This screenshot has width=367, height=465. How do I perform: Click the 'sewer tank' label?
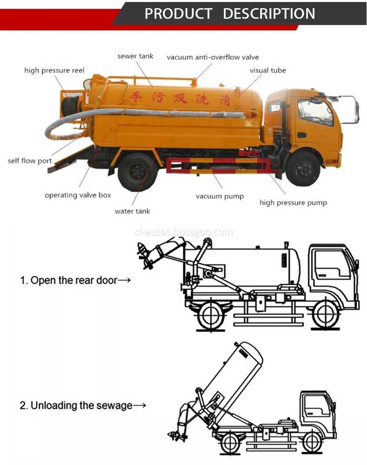coord(135,56)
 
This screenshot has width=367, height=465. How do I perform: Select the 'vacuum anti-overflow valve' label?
coord(212,57)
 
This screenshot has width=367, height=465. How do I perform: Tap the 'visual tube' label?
coord(268,70)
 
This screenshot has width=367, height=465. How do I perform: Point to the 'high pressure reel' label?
coord(54,71)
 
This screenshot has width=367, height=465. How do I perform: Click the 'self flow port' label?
coord(30,161)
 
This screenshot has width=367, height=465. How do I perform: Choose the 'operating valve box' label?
coord(77,195)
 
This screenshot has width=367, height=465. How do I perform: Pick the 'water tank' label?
coord(132,211)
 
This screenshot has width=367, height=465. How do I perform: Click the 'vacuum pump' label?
coord(219,196)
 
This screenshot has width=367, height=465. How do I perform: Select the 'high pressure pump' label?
coord(293,203)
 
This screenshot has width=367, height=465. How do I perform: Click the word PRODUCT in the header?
coord(178,13)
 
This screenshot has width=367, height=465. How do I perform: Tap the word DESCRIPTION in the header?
coord(269,13)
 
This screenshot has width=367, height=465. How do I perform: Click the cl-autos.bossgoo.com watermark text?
coord(183,232)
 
